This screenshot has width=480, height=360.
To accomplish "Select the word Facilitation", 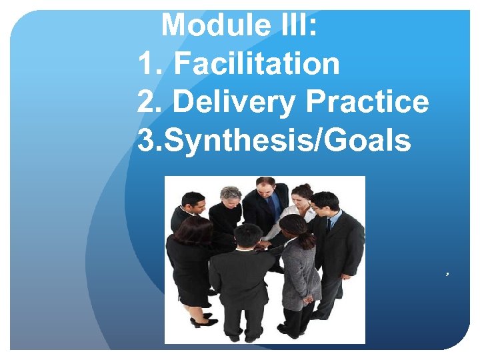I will click(x=257, y=64).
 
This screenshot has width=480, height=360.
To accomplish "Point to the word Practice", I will click(x=367, y=102).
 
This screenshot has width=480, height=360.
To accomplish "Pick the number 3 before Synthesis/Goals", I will click(x=146, y=141).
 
